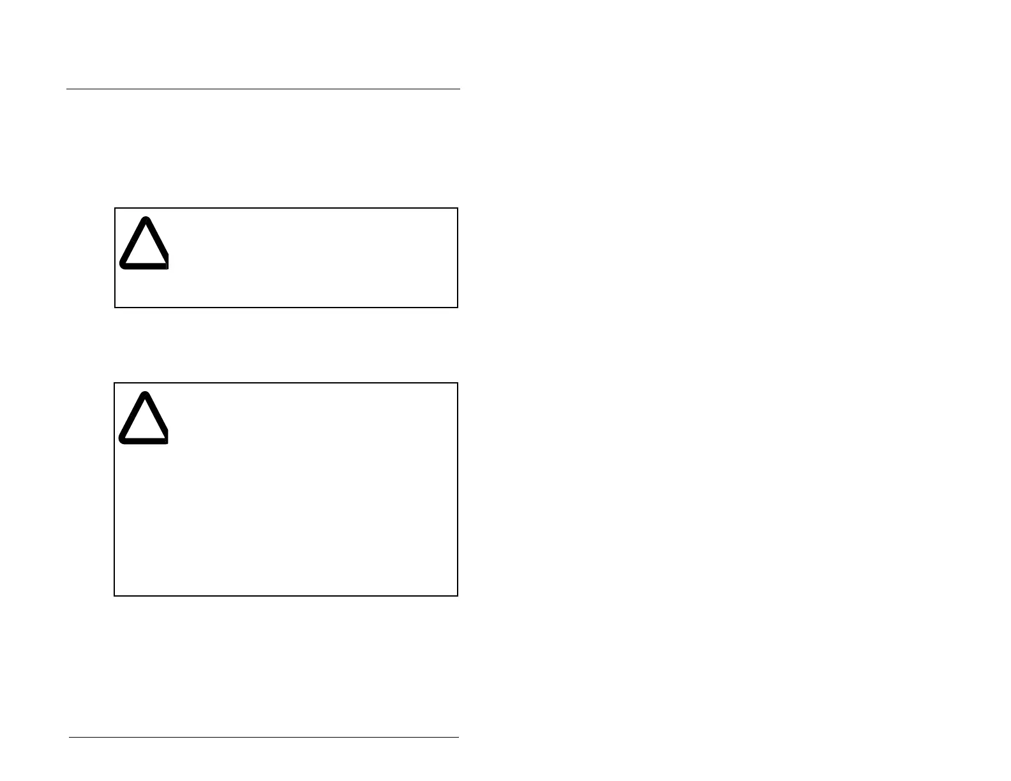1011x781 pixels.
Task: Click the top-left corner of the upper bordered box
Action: [115, 208]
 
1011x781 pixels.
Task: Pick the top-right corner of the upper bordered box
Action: [458, 208]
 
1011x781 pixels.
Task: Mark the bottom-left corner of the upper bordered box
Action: [115, 308]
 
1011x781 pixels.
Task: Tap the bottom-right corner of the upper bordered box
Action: [458, 308]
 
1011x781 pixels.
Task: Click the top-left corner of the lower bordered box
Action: [114, 383]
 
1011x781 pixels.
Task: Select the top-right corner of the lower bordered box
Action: [458, 383]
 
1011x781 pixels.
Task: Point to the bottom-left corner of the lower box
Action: [114, 596]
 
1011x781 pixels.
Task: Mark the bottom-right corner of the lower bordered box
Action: [458, 596]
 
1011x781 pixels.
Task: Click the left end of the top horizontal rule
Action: [66, 89]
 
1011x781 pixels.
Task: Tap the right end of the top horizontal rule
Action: [460, 89]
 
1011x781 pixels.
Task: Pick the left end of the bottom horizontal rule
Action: [69, 738]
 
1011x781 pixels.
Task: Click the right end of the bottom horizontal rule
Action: [459, 738]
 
